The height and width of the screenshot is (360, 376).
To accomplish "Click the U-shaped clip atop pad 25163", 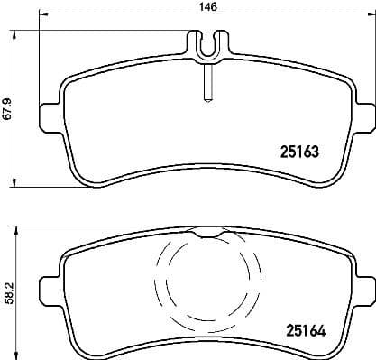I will pos(207,45).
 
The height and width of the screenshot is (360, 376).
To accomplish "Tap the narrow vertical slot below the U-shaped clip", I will pos(207,86).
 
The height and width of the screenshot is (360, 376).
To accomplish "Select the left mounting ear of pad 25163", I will pos(50,118).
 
